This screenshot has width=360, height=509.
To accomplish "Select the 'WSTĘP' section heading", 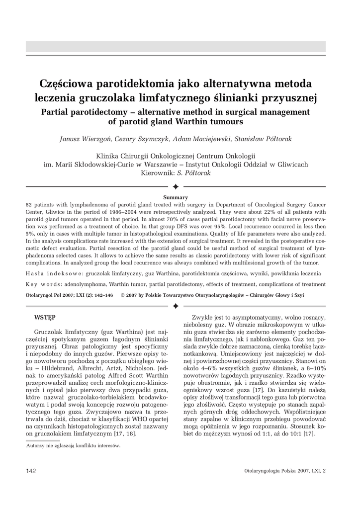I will pos(45,317).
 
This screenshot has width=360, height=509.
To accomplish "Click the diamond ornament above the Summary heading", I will pos(176,186).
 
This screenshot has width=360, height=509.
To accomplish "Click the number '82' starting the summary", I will pos(28,204).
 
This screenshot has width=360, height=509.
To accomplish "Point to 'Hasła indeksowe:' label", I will pos(54,273).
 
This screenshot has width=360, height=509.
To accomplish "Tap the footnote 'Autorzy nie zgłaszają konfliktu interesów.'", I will pos(73,446).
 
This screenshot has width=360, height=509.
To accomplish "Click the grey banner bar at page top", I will pos(176,47).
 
